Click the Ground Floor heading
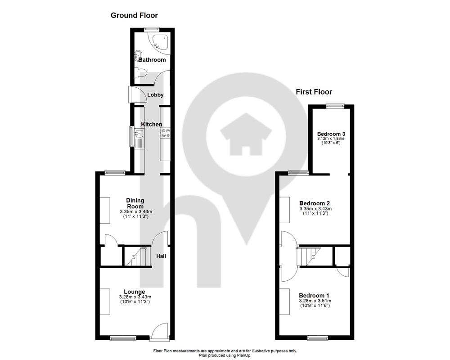134,15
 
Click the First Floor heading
314,92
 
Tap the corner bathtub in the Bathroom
159,42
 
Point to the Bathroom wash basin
138,54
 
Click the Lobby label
155,95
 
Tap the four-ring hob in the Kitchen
165,133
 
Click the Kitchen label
152,124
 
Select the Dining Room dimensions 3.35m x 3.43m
135,212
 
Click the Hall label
161,256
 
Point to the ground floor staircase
137,256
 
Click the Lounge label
134,292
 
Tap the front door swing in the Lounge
159,331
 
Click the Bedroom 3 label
331,134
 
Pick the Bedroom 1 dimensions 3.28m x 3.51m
315,301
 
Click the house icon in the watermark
246,134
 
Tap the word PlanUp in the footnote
243,355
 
